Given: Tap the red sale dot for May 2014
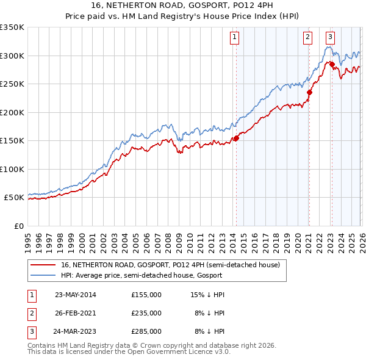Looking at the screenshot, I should [236, 138].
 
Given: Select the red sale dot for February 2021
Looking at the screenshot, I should [309, 93].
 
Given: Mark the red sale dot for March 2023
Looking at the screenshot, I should [332, 64].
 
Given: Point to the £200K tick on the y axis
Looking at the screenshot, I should [12, 112].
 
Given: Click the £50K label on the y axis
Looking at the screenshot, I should [14, 198].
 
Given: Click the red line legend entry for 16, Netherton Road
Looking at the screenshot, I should [170, 265].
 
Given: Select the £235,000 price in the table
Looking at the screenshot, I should [146, 313].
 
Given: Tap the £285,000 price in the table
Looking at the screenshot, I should [146, 331].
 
